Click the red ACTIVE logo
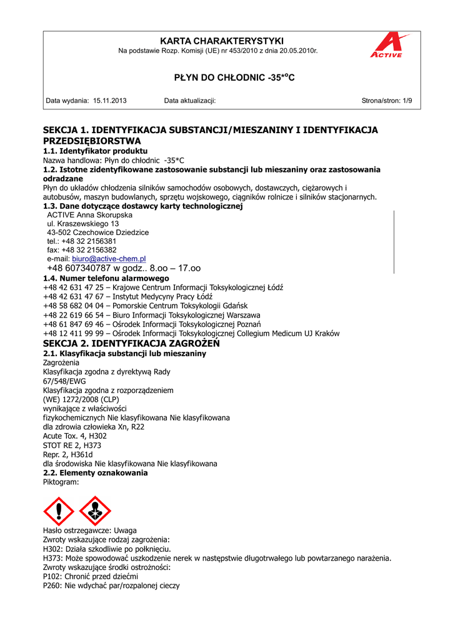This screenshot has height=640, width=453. (x=387, y=46)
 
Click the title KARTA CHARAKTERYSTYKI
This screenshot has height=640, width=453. (x=222, y=40)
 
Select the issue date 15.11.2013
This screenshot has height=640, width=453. (x=110, y=101)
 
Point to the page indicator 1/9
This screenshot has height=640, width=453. (x=406, y=101)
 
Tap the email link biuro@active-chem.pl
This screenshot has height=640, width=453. (x=109, y=258)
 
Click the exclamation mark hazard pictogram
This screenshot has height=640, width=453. (x=59, y=511)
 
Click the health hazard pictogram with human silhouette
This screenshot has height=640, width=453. (x=96, y=511)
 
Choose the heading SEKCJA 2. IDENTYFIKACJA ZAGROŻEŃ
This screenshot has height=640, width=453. (x=131, y=344)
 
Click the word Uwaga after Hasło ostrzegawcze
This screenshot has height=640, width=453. (x=126, y=530)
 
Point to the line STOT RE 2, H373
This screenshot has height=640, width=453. (x=72, y=445)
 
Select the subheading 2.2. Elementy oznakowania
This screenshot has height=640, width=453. (x=95, y=472)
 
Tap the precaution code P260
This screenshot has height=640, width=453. (x=52, y=586)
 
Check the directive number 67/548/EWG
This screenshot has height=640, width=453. (x=64, y=381)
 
